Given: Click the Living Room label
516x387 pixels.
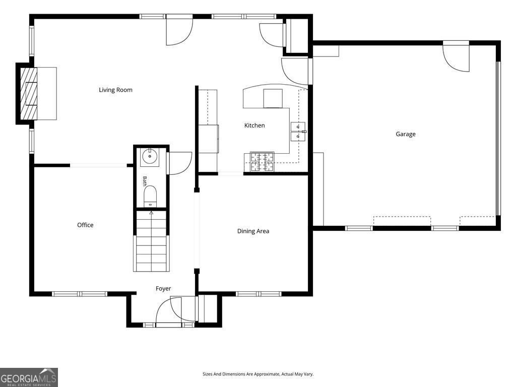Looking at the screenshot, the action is pos(115,90).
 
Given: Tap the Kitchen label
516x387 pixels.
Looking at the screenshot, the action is pos(254,125).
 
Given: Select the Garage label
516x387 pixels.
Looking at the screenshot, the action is pos(406,134).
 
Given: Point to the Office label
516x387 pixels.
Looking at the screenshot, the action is pos(85,225).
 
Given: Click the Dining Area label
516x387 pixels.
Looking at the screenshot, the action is pos(253,231).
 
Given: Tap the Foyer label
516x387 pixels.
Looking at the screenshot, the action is pos(163,289).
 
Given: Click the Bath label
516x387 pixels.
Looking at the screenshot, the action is pos(145,181).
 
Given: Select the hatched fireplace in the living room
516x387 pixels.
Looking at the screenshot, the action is pos(29,94).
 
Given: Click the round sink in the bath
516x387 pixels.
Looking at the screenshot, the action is pos(150,157).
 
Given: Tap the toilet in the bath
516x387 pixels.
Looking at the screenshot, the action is pos(150,197).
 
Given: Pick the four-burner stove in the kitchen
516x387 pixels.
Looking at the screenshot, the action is pos(262,162).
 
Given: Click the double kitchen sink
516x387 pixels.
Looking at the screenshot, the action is pos(298,132).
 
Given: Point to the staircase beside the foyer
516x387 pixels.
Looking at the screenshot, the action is pos(151,241).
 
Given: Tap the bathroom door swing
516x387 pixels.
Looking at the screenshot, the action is pos(180,163).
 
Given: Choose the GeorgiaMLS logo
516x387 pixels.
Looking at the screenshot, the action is pos(29,377).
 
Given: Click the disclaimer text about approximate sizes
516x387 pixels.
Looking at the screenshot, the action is pos(258,374).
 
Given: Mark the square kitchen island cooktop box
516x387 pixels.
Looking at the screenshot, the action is pos(273,98).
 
